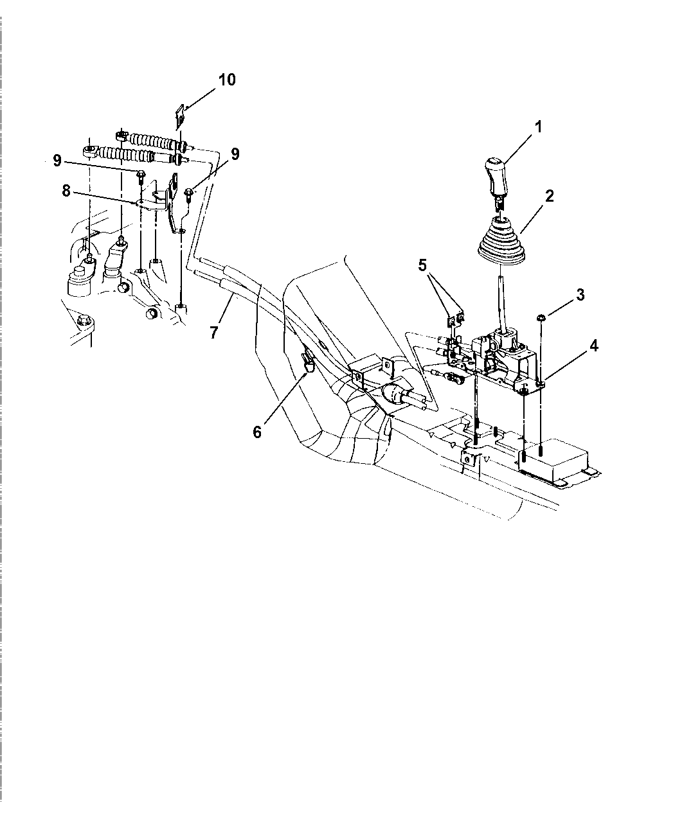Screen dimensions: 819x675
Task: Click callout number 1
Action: click(539, 127)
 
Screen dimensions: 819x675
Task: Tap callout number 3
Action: click(580, 295)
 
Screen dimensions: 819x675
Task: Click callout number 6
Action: click(257, 432)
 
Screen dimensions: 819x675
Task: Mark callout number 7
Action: click(213, 332)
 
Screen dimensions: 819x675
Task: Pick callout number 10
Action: click(226, 80)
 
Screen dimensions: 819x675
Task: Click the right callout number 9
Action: click(235, 154)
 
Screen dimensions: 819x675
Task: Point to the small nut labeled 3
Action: click(541, 317)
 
